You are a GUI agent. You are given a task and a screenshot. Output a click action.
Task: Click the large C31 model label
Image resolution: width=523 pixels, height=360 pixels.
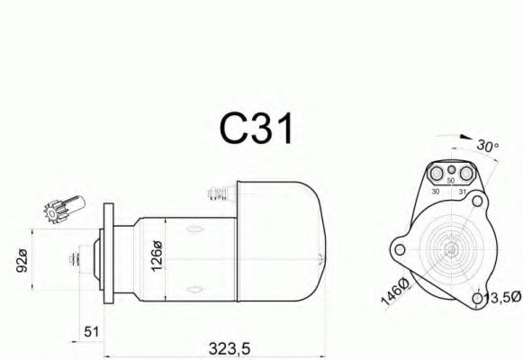pos(257,129)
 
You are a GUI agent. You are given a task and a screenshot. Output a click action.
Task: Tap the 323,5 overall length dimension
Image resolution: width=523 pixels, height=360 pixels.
pos(230,349)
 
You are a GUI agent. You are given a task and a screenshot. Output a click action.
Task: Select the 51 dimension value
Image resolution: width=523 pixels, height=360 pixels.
pos(91,332)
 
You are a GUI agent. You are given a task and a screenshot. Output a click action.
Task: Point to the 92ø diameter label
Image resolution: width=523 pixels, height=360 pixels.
pos(23,260)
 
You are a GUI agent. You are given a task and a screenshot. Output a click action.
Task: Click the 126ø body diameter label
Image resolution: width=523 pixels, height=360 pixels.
pos(157,256)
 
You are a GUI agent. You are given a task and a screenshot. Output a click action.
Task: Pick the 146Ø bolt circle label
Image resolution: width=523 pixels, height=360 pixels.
pos(395,292)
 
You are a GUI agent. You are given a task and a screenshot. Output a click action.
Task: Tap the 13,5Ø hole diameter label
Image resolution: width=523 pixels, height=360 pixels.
pos(502,297)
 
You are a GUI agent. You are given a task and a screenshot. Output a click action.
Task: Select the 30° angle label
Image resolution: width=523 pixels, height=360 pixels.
pos(487,145)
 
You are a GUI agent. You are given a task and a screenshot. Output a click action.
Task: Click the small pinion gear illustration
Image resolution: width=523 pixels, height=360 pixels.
pos(65,209)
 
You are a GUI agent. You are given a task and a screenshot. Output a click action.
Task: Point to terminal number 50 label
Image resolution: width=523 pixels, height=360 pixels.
pos(450,180)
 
